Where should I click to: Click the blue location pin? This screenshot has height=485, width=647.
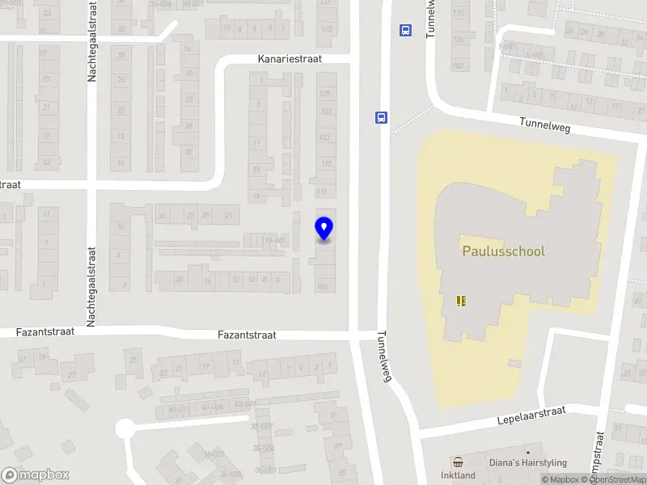324,228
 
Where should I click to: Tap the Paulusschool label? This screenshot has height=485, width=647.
503,251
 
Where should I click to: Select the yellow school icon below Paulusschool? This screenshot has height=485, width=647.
461,302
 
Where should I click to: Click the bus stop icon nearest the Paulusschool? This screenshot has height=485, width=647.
380,116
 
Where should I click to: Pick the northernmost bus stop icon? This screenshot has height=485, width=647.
404,31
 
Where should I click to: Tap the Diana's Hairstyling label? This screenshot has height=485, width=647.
527,463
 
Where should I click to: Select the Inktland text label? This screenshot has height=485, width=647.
458,475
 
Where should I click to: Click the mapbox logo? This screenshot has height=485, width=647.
35,475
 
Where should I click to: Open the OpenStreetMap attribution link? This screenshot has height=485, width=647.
617,480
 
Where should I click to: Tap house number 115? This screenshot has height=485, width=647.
324,192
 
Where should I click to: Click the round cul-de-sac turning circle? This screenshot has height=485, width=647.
125,428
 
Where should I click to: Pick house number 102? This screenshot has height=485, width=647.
459,65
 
